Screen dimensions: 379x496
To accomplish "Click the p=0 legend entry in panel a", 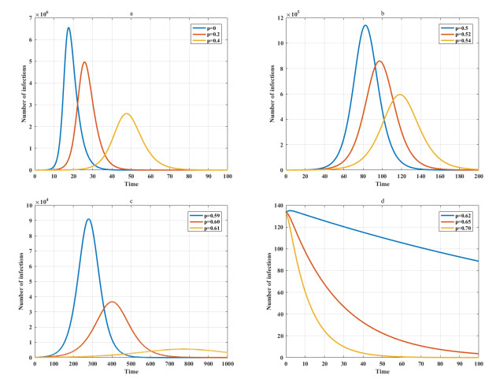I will coord(206,26).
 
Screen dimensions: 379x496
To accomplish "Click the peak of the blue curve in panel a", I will coord(68,28).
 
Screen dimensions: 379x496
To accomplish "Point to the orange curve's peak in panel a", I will coord(84,62).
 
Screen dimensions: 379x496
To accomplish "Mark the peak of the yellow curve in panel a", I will coord(126,113).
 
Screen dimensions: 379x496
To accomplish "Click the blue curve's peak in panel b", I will coord(365,25).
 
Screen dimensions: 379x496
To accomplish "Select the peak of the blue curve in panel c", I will coord(89,219).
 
